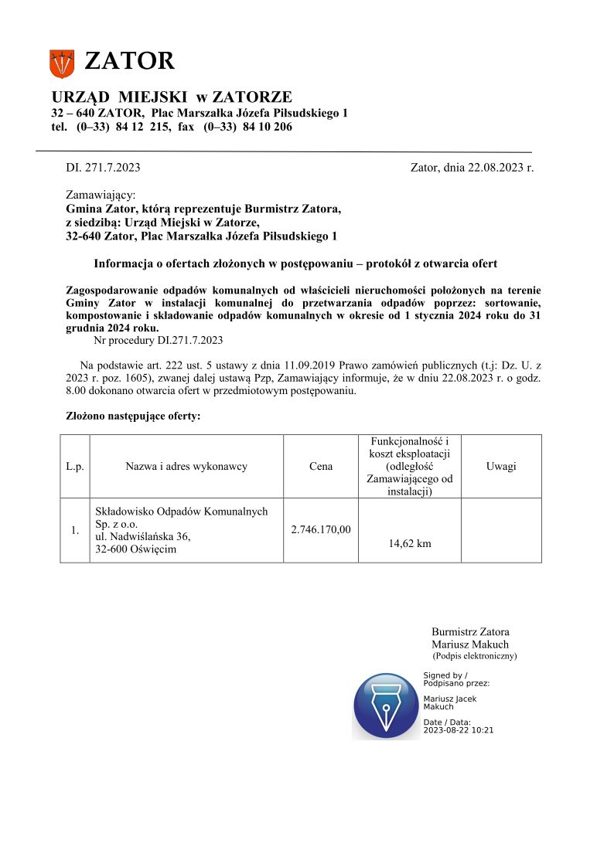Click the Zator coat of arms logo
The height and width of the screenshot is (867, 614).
62,63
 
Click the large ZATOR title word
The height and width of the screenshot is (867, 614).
129,61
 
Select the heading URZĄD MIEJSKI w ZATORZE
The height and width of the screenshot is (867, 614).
172,97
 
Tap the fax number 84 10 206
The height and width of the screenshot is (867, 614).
268,127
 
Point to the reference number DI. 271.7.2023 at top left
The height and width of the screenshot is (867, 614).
104,167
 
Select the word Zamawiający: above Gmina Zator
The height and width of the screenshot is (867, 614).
101,195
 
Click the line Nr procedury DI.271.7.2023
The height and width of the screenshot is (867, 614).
158,340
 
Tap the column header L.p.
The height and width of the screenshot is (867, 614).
75,466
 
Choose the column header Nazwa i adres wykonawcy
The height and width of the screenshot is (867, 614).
186,466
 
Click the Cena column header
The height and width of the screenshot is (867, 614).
321,466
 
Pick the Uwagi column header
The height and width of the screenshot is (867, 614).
501,466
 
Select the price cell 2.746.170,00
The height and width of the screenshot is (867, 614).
321,529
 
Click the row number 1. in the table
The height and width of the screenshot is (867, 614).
75,530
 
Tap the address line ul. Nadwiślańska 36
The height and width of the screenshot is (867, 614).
142,535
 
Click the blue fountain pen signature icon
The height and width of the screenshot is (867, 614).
386,705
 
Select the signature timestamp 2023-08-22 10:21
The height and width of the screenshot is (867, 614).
459,729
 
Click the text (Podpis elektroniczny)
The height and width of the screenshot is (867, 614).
475,656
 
